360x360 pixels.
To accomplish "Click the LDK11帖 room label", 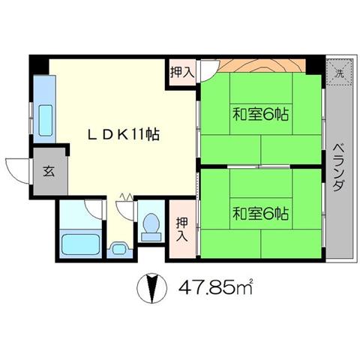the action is (x=124, y=135).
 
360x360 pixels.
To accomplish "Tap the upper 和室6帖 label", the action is (x=261, y=114).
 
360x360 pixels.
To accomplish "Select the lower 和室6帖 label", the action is (x=261, y=213).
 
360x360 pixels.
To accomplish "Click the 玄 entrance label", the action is (x=49, y=171).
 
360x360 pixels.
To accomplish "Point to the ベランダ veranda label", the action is (x=339, y=167).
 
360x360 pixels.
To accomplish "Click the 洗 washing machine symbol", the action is (x=339, y=73).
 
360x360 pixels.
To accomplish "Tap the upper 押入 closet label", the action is (x=182, y=72).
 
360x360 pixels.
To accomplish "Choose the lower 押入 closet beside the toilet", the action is (x=182, y=229).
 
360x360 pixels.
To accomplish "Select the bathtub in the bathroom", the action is (x=80, y=244).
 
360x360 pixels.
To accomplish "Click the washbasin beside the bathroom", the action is (x=119, y=249).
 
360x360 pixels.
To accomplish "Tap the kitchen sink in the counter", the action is (x=46, y=120).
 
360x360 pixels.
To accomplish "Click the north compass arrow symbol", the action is (x=152, y=288).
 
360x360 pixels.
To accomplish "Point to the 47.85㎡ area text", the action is (x=216, y=288).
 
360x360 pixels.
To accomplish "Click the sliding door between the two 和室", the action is (x=259, y=166).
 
